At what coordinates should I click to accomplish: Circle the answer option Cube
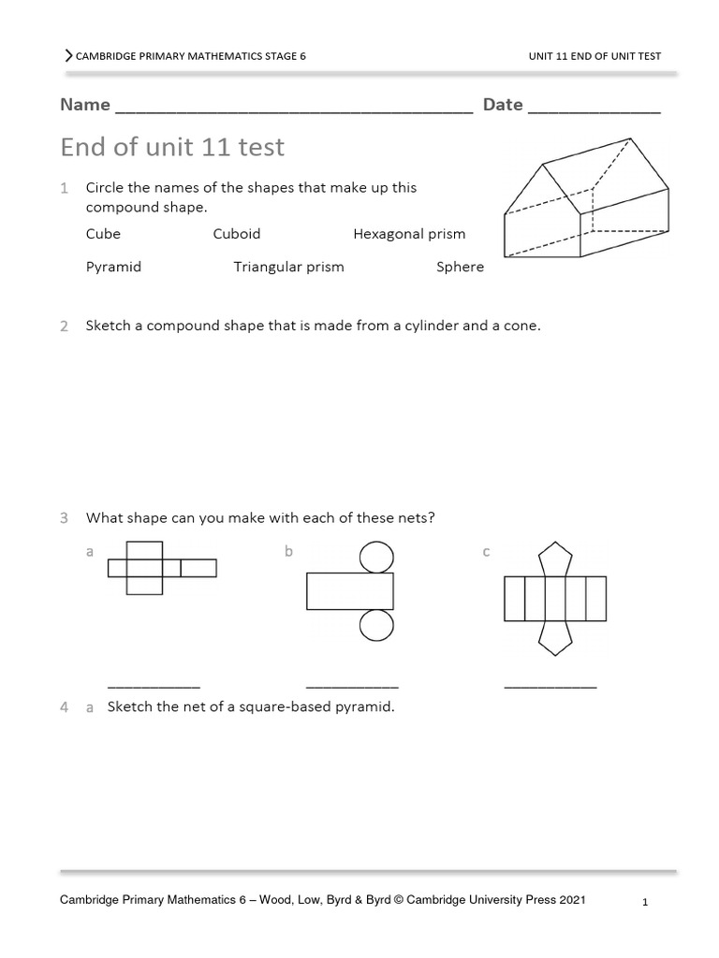pos(103,234)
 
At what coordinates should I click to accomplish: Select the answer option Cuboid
pos(236,234)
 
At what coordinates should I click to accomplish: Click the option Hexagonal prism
pos(409,234)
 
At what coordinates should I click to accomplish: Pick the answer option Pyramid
pos(113,267)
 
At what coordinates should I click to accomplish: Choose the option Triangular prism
pos(288,267)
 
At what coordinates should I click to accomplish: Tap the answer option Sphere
pos(460,267)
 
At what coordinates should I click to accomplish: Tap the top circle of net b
pos(376,558)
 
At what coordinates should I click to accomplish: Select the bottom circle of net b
pos(376,625)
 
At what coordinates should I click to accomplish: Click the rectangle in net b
pos(350,591)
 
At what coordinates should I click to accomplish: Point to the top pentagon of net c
pos(555,559)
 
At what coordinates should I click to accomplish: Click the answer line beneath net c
pos(550,687)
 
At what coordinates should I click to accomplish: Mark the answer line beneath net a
pos(154,687)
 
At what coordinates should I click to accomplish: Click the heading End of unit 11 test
pos(172,147)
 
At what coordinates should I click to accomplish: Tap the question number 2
pos(64,327)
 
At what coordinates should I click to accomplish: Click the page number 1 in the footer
pos(646,903)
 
